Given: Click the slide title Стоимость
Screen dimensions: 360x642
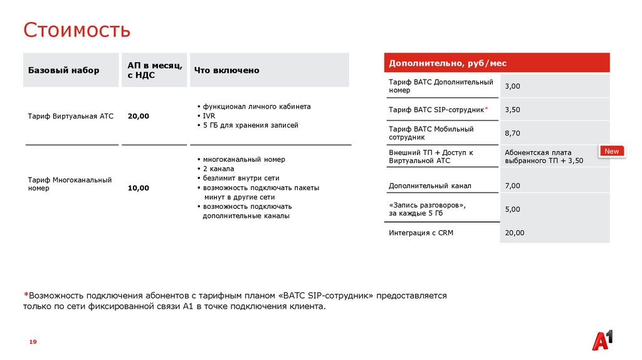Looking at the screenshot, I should tap(77, 29).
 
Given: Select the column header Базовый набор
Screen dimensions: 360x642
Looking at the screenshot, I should tap(63, 70).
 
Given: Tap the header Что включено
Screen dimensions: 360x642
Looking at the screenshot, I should tap(226, 70).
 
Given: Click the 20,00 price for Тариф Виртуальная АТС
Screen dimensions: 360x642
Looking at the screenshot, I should tap(139, 116).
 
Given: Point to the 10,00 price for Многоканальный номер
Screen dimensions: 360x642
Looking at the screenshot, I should tap(139, 188).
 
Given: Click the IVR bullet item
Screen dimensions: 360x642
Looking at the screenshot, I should tap(209, 116).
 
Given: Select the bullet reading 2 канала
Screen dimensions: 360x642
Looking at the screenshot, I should tap(218, 169).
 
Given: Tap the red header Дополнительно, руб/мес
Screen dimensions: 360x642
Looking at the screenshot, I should tap(448, 63).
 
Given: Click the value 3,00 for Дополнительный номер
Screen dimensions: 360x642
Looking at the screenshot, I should tap(513, 86).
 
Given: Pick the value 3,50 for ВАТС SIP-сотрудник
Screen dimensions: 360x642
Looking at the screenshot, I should tap(513, 110).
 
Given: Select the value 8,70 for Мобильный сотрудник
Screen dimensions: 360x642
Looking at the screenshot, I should tap(513, 133).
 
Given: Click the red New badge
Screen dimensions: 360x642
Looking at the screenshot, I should tap(611, 151).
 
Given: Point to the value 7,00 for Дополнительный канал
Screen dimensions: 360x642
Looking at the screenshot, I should tap(513, 186).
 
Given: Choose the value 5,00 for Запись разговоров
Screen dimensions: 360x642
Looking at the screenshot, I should tap(513, 209).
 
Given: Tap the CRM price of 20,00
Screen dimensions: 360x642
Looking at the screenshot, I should tap(515, 233).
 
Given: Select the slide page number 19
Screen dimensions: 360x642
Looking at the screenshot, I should tap(33, 341).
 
